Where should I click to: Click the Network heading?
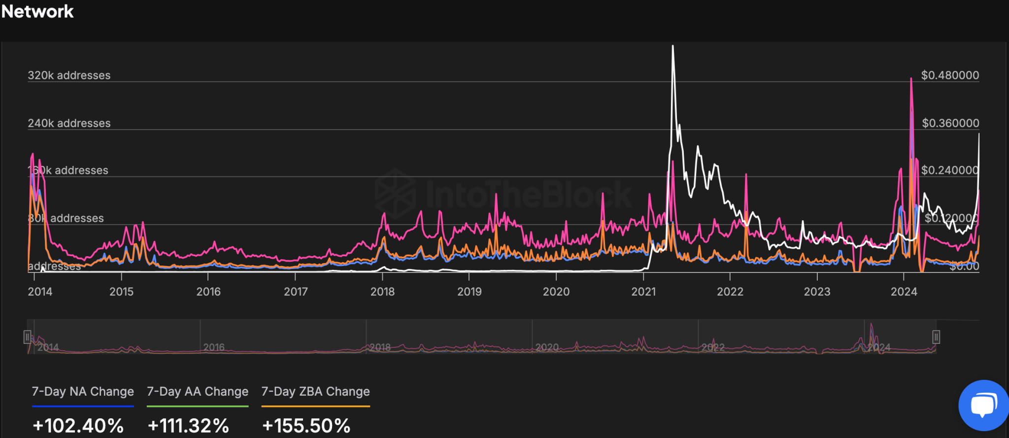(37, 11)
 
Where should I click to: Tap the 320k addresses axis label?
(69, 75)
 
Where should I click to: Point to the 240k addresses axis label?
(69, 123)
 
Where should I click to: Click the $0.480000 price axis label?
(950, 75)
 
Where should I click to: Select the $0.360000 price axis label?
(950, 123)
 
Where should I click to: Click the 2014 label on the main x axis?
(40, 292)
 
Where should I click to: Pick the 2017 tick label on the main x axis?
(296, 292)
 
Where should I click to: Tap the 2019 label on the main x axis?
(469, 292)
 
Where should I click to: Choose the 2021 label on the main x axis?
(643, 292)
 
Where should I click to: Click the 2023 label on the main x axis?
(817, 292)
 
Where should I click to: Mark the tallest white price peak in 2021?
(673, 47)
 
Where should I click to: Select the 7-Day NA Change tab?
(83, 392)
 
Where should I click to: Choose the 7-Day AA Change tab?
(198, 392)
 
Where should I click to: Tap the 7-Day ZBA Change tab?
(315, 392)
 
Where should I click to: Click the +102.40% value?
(78, 426)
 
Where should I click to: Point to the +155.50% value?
(306, 426)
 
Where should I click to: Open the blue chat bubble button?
(982, 405)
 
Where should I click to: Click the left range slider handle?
(28, 337)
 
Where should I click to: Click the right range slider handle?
(936, 337)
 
